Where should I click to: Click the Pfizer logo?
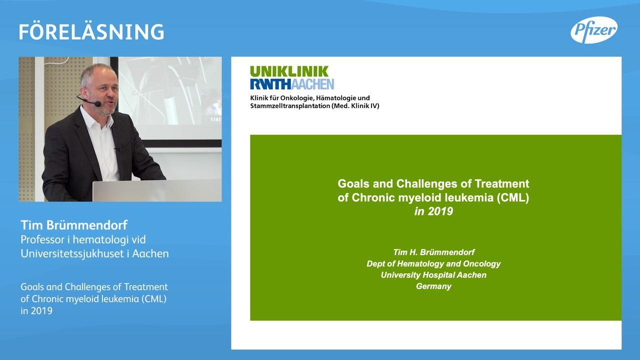pyautogui.click(x=594, y=30)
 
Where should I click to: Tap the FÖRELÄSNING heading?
pyautogui.click(x=91, y=31)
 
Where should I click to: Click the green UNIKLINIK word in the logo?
pyautogui.click(x=289, y=71)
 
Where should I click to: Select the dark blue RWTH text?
pyautogui.click(x=270, y=84)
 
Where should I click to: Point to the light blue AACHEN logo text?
pyautogui.click(x=312, y=84)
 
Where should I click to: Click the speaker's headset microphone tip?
pyautogui.click(x=97, y=103)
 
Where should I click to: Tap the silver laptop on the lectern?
pyautogui.click(x=157, y=190)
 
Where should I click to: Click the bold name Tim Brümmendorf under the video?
pyautogui.click(x=74, y=225)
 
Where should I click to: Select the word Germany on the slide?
pyautogui.click(x=433, y=286)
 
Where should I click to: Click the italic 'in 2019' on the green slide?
pyautogui.click(x=433, y=211)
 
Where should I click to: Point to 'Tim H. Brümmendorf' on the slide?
pyautogui.click(x=433, y=252)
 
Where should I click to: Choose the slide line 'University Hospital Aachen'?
pyautogui.click(x=433, y=275)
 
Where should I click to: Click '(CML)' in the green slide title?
pyautogui.click(x=513, y=197)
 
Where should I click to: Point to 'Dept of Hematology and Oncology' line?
pyautogui.click(x=433, y=263)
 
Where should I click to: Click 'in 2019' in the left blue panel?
pyautogui.click(x=36, y=311)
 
